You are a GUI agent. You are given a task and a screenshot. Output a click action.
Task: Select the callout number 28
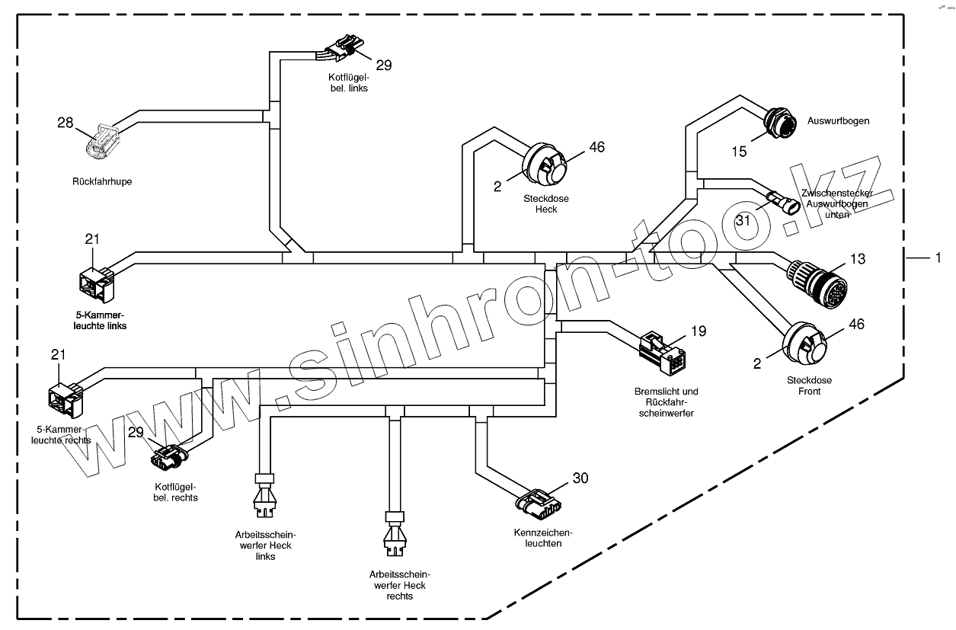[66, 123]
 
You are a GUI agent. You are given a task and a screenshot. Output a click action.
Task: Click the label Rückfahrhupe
[102, 182]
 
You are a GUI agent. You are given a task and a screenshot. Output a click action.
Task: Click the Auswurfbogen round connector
[780, 122]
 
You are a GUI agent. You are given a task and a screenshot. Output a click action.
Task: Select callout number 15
[739, 152]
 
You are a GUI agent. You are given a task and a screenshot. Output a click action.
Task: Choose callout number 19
[699, 331]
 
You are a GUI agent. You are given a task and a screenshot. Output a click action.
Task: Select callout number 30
[580, 478]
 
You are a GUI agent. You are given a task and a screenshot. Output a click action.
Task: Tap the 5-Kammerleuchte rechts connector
[66, 398]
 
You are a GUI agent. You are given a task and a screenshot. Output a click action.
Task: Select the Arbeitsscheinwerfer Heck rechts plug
[395, 533]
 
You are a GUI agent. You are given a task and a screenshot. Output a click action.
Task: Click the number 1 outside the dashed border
[938, 258]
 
